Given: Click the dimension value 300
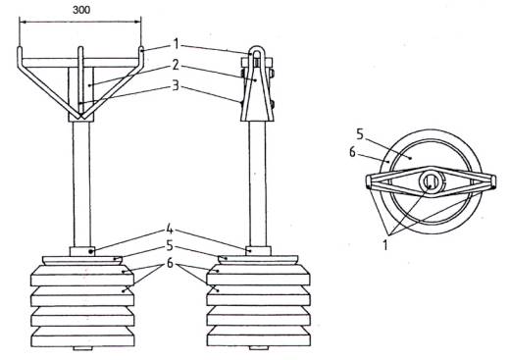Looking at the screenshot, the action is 81,10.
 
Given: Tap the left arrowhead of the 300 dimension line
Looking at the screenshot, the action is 22,22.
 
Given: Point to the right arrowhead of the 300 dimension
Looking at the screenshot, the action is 138,22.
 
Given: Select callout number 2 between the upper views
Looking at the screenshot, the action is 176,66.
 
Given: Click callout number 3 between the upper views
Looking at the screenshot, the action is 176,85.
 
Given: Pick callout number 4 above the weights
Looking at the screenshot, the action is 170,230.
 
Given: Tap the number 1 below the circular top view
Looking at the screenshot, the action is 385,244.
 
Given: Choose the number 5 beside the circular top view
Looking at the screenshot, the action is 360,134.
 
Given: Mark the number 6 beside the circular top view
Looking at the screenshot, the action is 352,152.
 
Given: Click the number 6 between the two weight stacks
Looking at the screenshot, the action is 170,263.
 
